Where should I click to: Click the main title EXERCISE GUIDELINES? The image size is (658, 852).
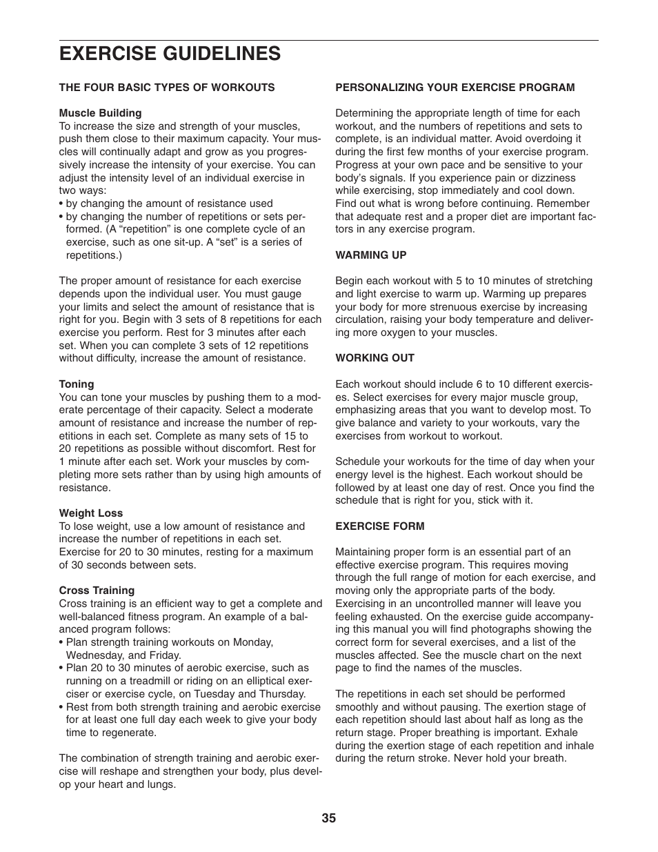[170, 53]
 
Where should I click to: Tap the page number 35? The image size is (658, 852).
[328, 818]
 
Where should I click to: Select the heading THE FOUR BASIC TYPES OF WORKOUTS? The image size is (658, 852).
[167, 88]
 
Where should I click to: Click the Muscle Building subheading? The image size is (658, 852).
[100, 113]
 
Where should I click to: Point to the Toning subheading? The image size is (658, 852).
[77, 384]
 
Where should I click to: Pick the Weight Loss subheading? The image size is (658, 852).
[91, 513]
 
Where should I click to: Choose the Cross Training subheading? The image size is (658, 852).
[97, 591]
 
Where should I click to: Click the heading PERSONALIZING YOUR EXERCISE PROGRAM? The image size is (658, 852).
[455, 88]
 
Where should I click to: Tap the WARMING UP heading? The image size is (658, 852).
[371, 255]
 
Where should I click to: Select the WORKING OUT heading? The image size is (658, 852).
[375, 358]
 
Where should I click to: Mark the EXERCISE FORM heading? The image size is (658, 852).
[380, 526]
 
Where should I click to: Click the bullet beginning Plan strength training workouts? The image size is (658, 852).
[169, 642]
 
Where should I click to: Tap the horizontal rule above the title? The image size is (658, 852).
[328, 40]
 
